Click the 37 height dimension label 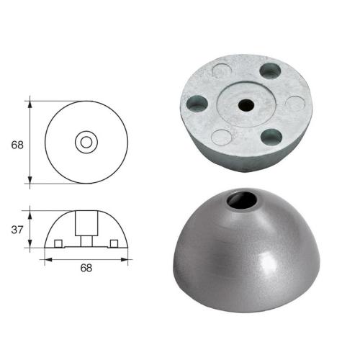click(x=18, y=230)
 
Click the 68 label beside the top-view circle click(x=18, y=144)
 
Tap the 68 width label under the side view click(x=86, y=268)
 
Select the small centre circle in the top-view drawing click(x=86, y=142)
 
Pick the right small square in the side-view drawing click(x=114, y=242)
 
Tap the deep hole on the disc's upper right click(x=271, y=71)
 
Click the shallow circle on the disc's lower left click(x=222, y=135)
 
